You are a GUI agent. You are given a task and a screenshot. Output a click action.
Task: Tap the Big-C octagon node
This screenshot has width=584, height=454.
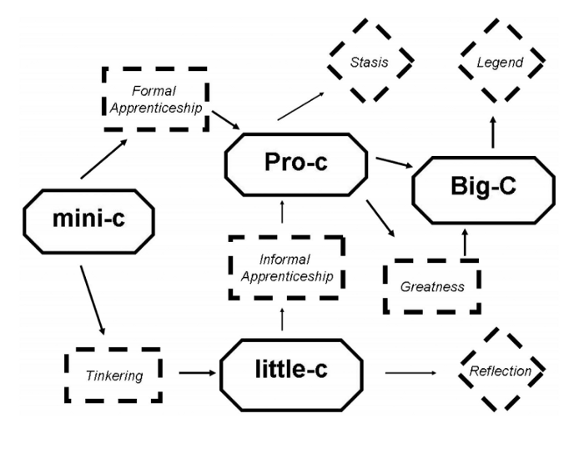(482, 191)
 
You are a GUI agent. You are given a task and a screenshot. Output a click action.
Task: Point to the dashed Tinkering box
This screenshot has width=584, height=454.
(113, 374)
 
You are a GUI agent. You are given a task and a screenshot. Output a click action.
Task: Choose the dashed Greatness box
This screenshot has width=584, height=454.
(432, 286)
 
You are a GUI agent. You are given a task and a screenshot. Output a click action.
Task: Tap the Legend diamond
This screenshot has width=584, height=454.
(503, 63)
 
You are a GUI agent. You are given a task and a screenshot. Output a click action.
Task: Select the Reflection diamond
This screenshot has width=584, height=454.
(501, 371)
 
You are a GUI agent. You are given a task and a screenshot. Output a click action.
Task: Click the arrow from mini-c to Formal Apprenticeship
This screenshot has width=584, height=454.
(104, 159)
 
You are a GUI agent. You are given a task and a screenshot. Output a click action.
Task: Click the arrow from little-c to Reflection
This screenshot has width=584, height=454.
(409, 372)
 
